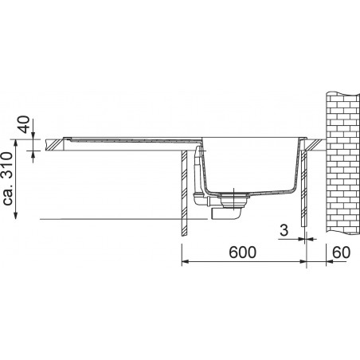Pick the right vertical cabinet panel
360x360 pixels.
coord(304,195)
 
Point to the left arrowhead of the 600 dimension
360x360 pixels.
coord(186,262)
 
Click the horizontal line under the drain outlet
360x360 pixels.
coord(119,217)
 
